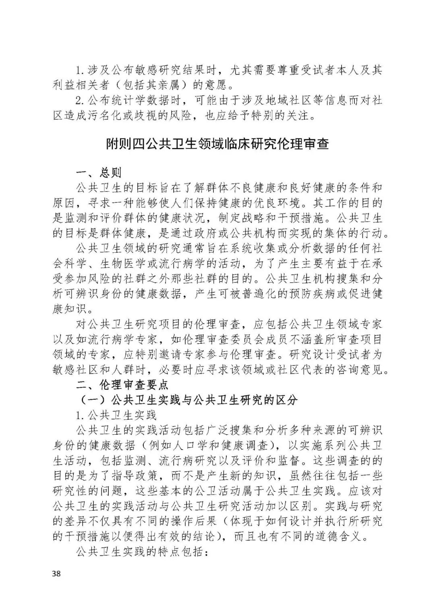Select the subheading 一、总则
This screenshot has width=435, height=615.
click(x=99, y=173)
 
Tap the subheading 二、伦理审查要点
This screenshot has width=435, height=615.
click(x=122, y=385)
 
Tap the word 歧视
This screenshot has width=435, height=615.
click(x=158, y=116)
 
